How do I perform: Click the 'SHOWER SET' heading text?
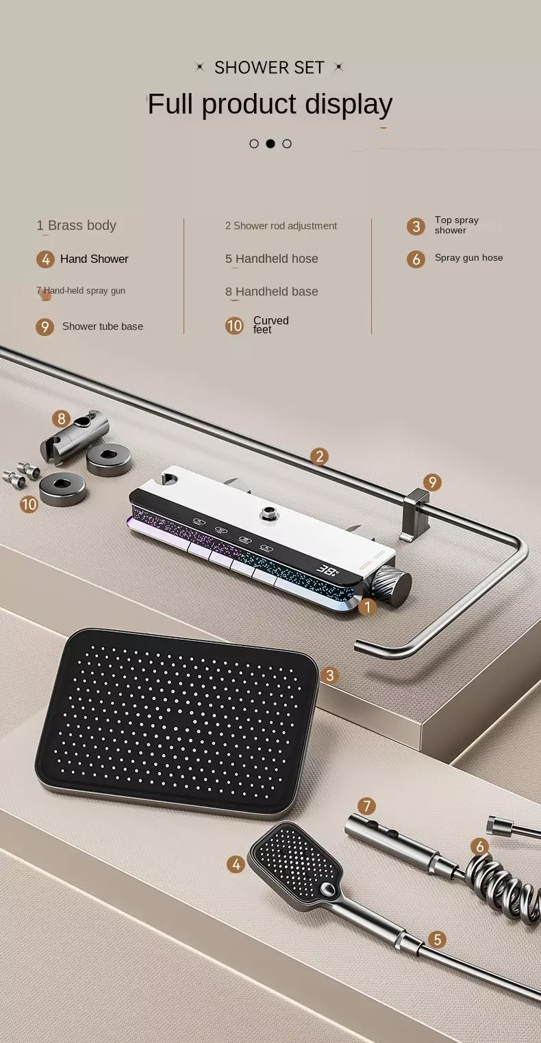tap(269, 68)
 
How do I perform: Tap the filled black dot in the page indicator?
tap(270, 144)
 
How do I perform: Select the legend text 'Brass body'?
tap(82, 225)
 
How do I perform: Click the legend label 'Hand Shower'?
tap(94, 259)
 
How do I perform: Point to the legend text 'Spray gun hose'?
tap(469, 257)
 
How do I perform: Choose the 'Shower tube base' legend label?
tap(103, 326)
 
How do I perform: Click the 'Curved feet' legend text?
tap(270, 325)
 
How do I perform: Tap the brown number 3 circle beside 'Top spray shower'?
tap(416, 227)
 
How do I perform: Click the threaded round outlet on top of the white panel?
tap(269, 513)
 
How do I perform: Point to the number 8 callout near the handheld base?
tap(61, 419)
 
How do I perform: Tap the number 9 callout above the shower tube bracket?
tap(432, 482)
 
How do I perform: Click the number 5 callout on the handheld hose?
tap(437, 939)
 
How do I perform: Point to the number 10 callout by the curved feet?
tap(29, 504)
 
